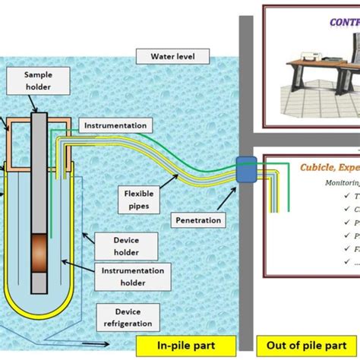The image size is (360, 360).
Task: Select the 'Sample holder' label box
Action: coord(39,81)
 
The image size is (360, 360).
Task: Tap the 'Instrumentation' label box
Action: coord(115,125)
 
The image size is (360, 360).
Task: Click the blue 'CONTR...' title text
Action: coord(343,22)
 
